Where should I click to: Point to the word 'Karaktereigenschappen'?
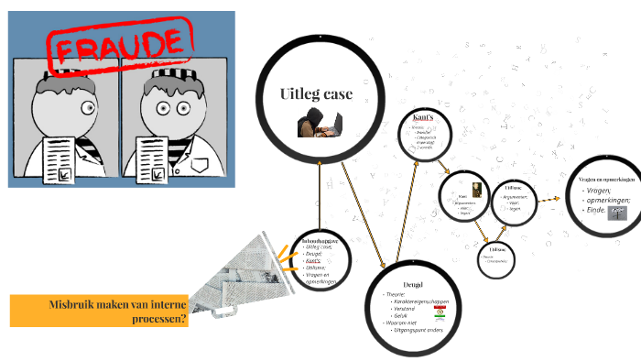coord(423,301)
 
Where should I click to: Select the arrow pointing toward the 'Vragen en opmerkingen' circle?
coord(549,198)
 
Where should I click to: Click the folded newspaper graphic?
coord(233,275)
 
